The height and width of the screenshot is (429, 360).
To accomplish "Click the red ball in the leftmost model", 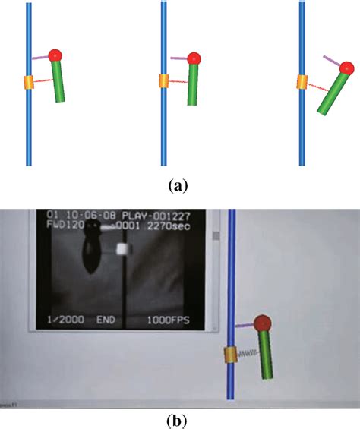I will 55,55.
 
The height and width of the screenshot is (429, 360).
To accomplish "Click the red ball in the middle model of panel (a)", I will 194,58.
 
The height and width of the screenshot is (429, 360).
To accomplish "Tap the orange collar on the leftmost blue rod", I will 30,82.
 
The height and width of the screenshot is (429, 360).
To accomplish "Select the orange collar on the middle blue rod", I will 164,81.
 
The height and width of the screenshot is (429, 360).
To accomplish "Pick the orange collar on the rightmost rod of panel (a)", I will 302,81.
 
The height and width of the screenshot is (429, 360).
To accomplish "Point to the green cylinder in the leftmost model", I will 59,81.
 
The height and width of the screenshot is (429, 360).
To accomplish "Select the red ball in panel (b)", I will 263,324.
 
